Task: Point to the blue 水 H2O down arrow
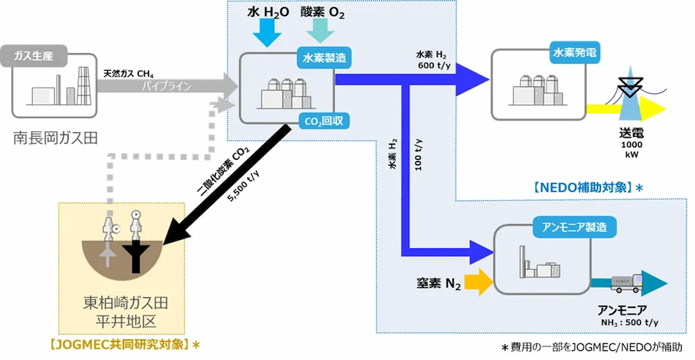(x=267, y=34)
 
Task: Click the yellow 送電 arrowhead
(x=652, y=108)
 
